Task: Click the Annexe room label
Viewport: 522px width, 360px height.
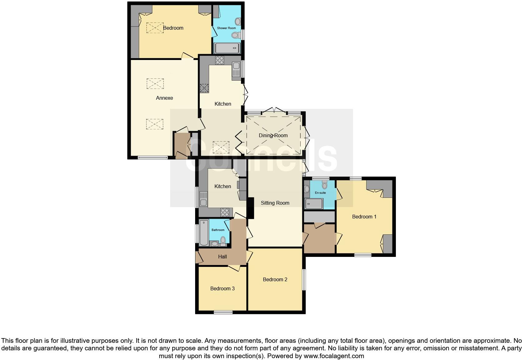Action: click(164, 98)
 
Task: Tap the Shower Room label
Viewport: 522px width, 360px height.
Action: click(226, 28)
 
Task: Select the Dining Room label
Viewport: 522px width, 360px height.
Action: click(273, 135)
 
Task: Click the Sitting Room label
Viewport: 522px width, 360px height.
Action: click(275, 203)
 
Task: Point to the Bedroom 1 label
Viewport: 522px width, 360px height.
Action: click(364, 217)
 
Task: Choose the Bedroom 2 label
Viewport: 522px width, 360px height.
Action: click(275, 279)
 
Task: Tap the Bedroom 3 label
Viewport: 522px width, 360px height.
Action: click(222, 288)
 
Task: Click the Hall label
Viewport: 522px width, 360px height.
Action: click(222, 257)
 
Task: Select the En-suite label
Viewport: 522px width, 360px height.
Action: click(320, 193)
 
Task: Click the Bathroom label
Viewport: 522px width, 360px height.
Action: click(218, 230)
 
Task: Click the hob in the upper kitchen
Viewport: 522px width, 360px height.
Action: click(219, 60)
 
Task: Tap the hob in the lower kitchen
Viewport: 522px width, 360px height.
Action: click(225, 212)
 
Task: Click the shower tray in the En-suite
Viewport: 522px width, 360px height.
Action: click(314, 204)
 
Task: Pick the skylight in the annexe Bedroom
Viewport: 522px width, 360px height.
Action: click(155, 27)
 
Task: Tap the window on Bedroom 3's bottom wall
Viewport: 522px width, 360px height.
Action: click(223, 312)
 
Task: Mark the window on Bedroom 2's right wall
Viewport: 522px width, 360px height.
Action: click(304, 280)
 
